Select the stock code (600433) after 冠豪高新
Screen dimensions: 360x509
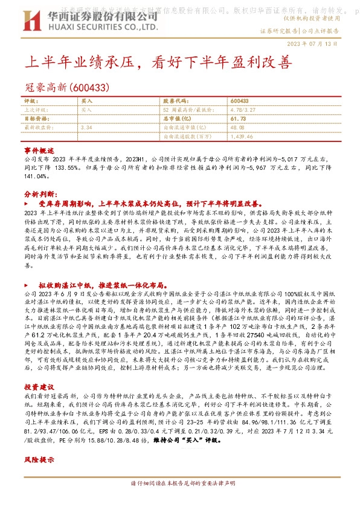coord(90,88)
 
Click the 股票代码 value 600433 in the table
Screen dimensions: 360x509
coord(240,101)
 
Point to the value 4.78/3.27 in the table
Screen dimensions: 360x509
coord(244,110)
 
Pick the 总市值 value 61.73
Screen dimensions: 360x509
coord(238,119)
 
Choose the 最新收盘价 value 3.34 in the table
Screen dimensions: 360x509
coord(86,128)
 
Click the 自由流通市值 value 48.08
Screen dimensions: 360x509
coord(237,128)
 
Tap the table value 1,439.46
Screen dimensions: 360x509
coord(242,137)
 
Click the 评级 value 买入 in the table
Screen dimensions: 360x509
coord(86,101)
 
